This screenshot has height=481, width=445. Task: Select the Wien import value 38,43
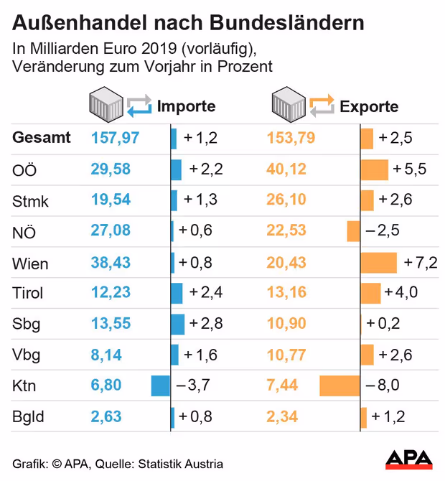111,263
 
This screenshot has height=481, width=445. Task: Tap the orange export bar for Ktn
339,386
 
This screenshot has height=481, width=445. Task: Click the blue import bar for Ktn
161,386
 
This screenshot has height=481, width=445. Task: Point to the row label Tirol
28,293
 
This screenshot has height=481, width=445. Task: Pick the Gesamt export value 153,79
291,138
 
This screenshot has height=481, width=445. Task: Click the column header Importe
187,107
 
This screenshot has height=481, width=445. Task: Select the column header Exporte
369,107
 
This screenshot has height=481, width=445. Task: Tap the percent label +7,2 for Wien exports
421,263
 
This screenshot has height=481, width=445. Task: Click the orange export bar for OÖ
374,169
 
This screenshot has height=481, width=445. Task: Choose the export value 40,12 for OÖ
286,169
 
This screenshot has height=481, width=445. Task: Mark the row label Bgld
28,416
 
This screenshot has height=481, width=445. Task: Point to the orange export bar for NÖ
353,231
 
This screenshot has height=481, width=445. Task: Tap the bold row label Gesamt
42,138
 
